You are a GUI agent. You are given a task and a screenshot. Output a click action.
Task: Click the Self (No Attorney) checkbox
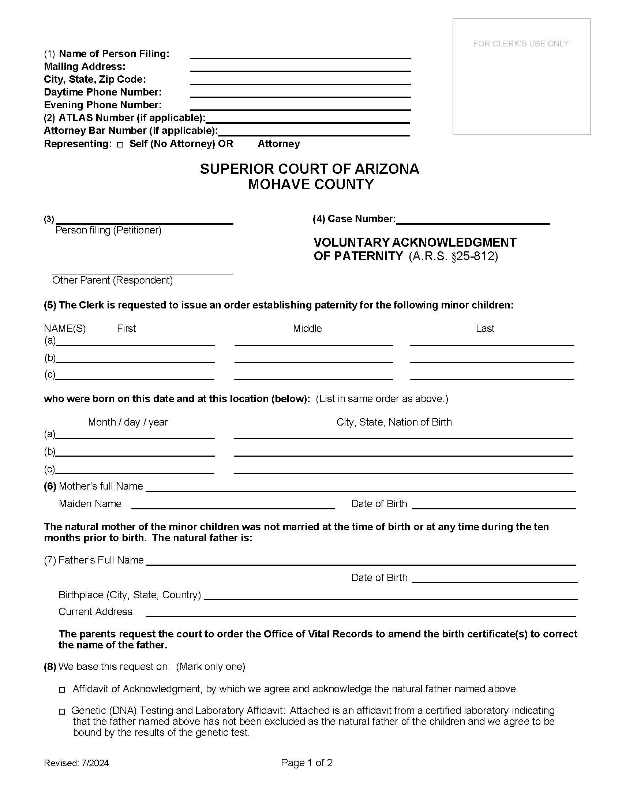click(x=119, y=145)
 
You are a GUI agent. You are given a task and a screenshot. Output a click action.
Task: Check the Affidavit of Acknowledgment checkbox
click(x=62, y=690)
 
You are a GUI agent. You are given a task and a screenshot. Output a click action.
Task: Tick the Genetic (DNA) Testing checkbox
click(x=62, y=711)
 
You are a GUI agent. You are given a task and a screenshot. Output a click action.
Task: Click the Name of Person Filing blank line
click(x=300, y=55)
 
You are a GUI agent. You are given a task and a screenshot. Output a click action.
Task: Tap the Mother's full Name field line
click(x=360, y=488)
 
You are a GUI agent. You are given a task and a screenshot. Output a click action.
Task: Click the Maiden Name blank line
click(x=233, y=505)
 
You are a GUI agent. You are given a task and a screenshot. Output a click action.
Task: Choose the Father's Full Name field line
click(x=360, y=561)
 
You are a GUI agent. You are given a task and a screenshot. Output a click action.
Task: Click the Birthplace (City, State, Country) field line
click(x=391, y=596)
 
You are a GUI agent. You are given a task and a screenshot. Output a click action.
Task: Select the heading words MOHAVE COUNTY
click(x=311, y=184)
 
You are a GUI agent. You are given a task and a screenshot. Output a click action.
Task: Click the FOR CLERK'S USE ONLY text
click(x=521, y=44)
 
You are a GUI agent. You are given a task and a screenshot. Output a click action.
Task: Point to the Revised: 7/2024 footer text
click(x=76, y=763)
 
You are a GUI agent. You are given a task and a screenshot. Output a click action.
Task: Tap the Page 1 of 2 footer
click(x=307, y=763)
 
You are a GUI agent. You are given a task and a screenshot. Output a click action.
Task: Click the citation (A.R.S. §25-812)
click(x=453, y=256)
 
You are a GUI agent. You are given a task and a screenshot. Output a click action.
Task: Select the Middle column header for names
click(x=307, y=329)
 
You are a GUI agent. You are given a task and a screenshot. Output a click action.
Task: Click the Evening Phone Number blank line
click(x=300, y=107)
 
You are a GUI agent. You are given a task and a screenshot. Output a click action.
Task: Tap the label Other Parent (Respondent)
click(x=112, y=280)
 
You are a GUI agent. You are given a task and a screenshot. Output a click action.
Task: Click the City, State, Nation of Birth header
click(x=394, y=422)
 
